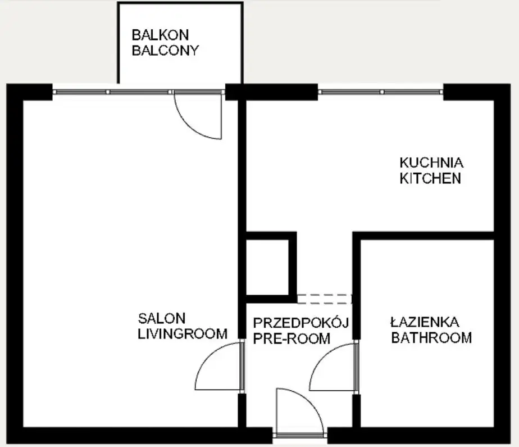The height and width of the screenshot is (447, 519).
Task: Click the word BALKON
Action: [160, 35]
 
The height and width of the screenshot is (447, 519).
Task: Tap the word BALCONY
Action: [165, 51]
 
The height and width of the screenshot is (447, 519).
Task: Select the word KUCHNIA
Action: [431, 162]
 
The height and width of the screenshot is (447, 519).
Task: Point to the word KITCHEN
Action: [430, 178]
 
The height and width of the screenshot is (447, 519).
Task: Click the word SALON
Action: [162, 318]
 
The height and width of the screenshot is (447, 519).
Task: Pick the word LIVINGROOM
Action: [183, 333]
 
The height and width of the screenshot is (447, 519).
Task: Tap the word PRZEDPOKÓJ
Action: [301, 322]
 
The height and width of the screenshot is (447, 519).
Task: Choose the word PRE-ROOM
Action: [292, 338]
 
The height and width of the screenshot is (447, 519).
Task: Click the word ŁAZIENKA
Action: [425, 322]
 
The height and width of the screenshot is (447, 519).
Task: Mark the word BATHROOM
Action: [431, 338]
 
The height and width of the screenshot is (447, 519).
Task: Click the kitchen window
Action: [380, 92]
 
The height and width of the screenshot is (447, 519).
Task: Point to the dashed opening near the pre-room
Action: [324, 299]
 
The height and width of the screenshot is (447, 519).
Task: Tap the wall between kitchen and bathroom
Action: [424, 236]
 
